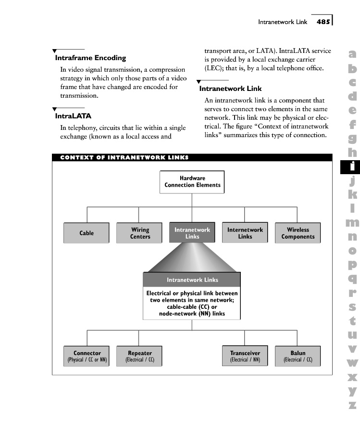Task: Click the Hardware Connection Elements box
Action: coord(192,182)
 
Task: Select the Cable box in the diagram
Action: coord(87,233)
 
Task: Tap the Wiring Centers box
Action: coord(139,233)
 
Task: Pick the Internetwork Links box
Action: coord(245,233)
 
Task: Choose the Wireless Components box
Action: coord(298,233)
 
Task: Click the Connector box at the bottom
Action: coord(87,356)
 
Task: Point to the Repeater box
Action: coord(139,356)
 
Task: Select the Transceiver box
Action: coord(245,356)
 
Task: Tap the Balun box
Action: coord(298,356)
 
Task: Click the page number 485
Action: coord(323,22)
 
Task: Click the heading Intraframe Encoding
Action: coord(90,58)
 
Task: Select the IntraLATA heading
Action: coord(73,116)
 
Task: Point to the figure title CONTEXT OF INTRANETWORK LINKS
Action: coord(124,157)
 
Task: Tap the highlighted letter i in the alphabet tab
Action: coord(352,166)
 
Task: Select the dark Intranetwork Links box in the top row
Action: coord(192,233)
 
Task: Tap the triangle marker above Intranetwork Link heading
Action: coord(199,81)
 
